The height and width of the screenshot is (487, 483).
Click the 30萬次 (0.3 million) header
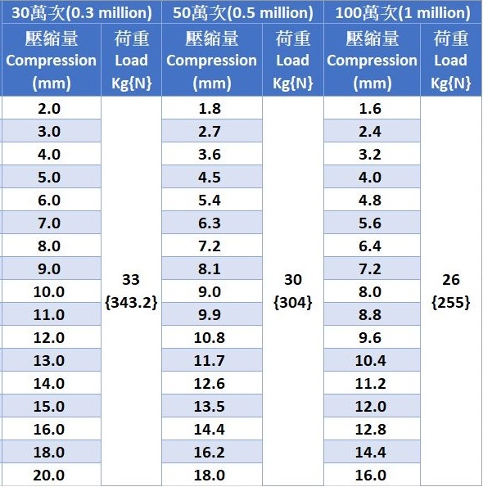(82, 13)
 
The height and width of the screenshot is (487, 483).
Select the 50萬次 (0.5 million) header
(243, 13)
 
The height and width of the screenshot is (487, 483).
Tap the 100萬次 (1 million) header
(403, 13)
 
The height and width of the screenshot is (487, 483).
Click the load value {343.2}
(131, 302)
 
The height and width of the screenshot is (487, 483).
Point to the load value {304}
(293, 302)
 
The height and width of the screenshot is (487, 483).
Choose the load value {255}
(451, 302)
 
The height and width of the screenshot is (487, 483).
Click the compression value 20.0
(49, 476)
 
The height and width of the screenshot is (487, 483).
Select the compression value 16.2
(209, 452)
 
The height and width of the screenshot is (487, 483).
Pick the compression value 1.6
(370, 109)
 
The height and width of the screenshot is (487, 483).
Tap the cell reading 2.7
(210, 132)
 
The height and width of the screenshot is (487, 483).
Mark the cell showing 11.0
(49, 315)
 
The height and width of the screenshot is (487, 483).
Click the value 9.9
(210, 315)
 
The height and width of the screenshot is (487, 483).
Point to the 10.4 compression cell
(370, 361)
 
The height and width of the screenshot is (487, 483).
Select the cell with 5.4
(210, 201)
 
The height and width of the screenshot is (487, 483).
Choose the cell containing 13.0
(49, 361)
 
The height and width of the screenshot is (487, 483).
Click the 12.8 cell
(370, 429)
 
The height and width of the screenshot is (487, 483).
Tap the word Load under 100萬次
(451, 61)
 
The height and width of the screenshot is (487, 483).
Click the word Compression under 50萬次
(211, 61)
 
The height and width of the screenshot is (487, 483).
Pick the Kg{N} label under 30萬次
(131, 83)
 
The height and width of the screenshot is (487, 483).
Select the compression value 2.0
(49, 109)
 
